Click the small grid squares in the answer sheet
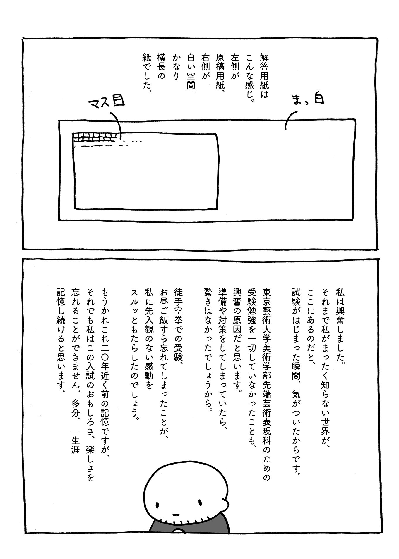coord(96,137)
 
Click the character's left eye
coord(157,505)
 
